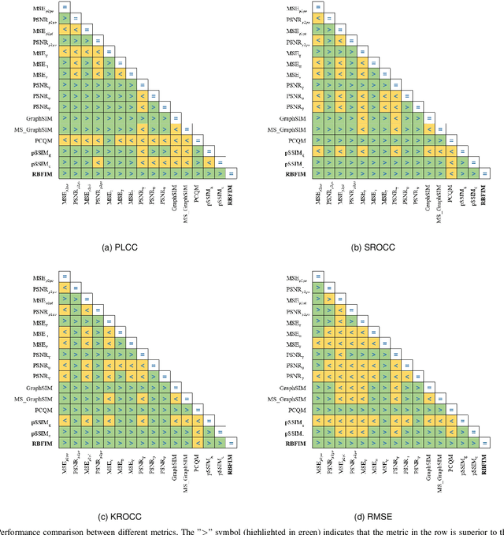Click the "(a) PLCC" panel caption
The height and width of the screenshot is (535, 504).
(x=125, y=247)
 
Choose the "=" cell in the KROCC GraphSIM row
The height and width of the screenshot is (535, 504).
(x=175, y=388)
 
